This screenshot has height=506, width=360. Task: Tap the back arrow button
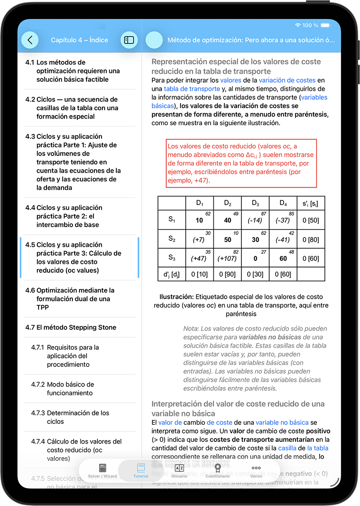point(30,40)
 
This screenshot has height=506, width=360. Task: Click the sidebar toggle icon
point(129,40)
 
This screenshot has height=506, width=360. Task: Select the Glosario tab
point(179,470)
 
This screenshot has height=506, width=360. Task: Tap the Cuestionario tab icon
point(217,468)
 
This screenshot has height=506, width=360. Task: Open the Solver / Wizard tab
point(102,470)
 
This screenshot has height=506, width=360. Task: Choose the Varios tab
point(256,470)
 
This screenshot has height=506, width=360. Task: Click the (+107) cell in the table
point(227,259)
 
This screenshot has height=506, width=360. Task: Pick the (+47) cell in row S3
point(199,259)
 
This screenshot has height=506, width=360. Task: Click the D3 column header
point(256,203)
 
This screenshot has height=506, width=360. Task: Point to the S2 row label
point(172,239)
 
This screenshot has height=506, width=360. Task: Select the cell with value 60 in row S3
point(283,259)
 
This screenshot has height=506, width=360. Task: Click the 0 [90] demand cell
point(227,275)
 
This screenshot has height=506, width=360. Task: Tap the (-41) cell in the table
point(283,240)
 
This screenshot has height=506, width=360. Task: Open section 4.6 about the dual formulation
point(75,299)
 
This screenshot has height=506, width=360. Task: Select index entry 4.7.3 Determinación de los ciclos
point(78,417)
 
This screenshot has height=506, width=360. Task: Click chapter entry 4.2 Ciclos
point(77,108)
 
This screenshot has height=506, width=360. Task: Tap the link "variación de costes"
point(287,80)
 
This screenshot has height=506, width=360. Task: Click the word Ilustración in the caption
point(176,297)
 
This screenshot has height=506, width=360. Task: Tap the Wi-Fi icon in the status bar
point(298,25)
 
